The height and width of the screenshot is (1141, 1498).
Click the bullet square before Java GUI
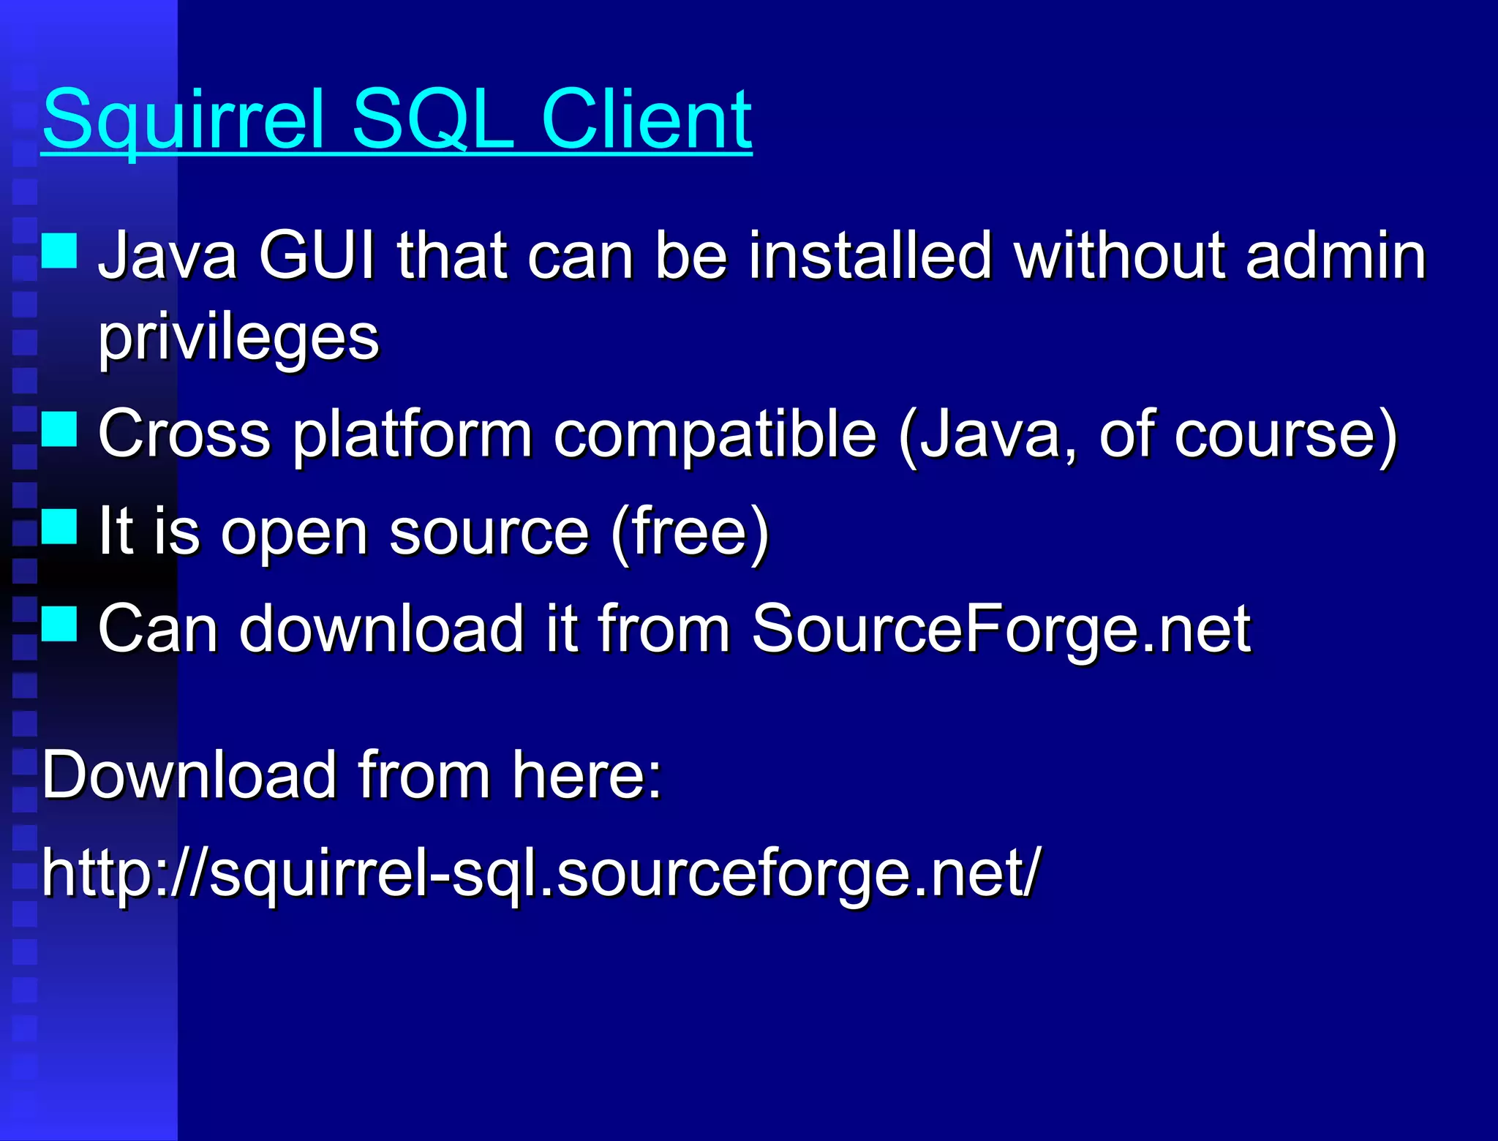pos(59,251)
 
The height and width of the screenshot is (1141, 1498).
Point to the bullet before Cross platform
pos(59,429)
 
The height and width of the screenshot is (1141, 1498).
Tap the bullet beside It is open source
pos(59,527)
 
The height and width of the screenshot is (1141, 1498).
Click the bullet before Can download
pos(59,623)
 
